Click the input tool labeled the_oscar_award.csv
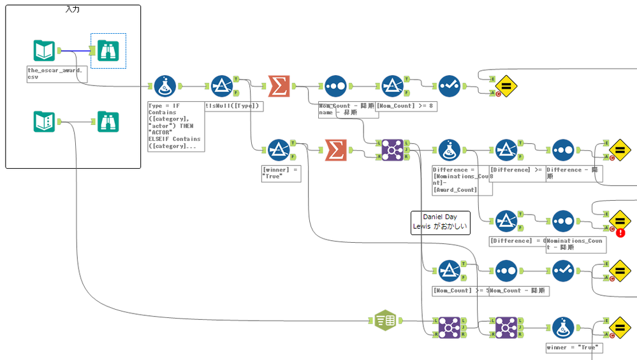[x=44, y=50]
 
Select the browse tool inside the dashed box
[x=108, y=50]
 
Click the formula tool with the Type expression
[x=165, y=86]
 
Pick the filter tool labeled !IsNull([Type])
[x=221, y=86]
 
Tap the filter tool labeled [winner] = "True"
[x=279, y=150]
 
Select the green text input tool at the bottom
[x=385, y=320]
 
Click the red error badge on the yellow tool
[x=620, y=233]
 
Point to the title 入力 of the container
[x=73, y=10]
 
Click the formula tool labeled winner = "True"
[x=563, y=328]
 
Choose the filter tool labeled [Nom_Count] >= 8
[x=392, y=86]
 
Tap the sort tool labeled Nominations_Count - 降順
[x=563, y=221]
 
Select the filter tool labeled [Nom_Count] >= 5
[x=450, y=271]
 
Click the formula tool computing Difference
[x=450, y=150]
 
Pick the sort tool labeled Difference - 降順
[x=563, y=150]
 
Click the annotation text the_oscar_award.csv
[x=54, y=73]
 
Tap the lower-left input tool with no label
[x=44, y=122]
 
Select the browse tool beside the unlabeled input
[x=108, y=122]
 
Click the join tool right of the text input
[x=450, y=328]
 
